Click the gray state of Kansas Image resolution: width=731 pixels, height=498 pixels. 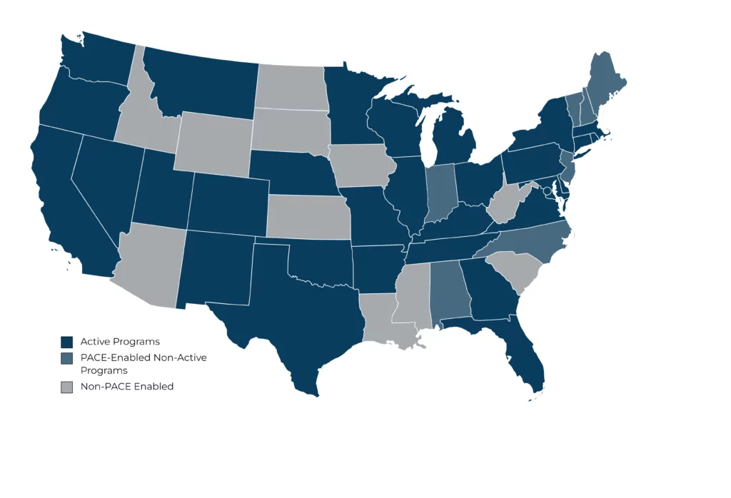(x=308, y=216)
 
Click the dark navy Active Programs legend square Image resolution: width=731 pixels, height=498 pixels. (x=67, y=342)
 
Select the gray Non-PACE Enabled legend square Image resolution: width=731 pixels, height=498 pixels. (x=67, y=387)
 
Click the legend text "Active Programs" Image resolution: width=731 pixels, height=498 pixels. (x=120, y=342)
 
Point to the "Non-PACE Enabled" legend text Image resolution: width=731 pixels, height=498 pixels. (x=127, y=387)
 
